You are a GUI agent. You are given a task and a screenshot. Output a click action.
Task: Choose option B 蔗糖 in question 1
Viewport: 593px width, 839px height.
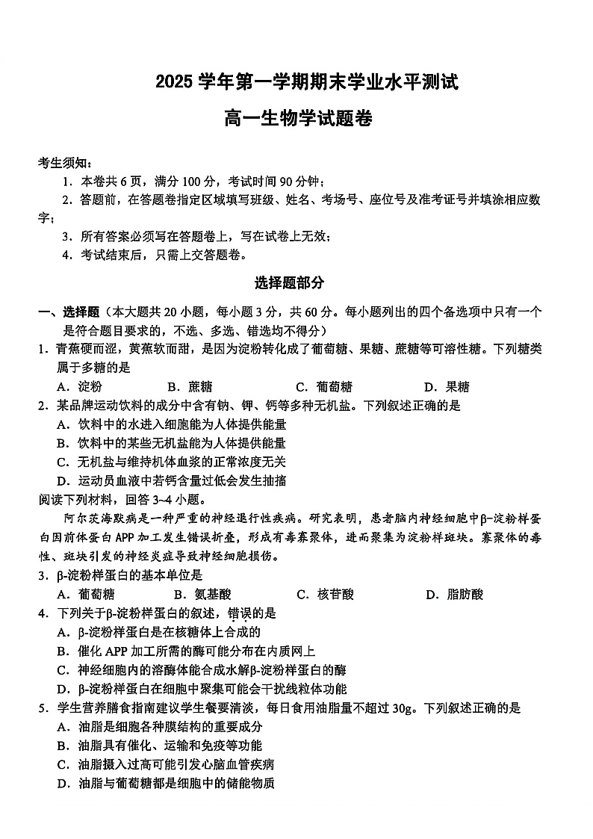click(x=190, y=386)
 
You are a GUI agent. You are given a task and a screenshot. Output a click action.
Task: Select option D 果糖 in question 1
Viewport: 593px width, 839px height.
click(x=447, y=386)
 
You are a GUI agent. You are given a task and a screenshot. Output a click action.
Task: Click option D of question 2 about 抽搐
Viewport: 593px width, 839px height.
click(x=172, y=480)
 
